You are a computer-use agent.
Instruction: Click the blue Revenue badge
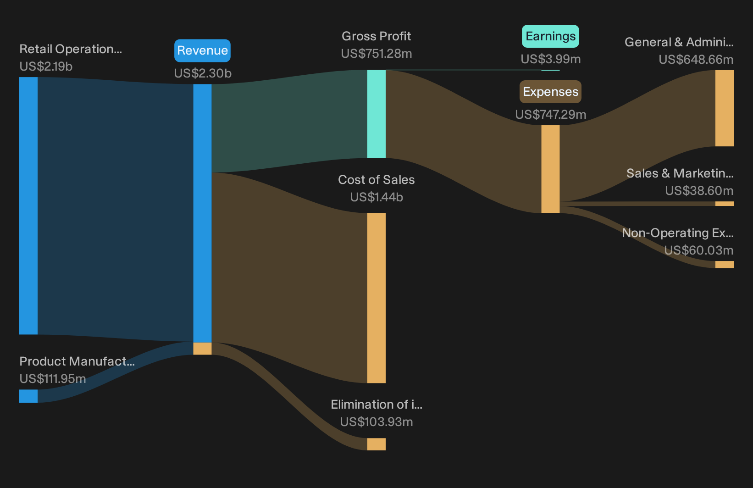click(202, 50)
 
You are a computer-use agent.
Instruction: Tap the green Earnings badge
click(550, 36)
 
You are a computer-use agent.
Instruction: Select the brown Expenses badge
click(550, 91)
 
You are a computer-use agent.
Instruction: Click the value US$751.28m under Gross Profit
click(376, 54)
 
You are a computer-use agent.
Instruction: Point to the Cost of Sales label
click(376, 180)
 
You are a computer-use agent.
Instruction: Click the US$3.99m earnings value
click(550, 59)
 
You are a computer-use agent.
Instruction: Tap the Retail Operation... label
click(71, 49)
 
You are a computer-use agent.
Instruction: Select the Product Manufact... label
click(77, 361)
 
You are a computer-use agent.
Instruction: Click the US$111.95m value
click(53, 379)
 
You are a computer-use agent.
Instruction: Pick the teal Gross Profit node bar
click(376, 114)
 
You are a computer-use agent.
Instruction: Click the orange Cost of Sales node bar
click(376, 298)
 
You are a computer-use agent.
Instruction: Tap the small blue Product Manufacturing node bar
click(28, 396)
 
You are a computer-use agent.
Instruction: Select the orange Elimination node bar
click(376, 444)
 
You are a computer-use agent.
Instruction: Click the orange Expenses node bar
click(550, 169)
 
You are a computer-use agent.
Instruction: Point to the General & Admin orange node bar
click(725, 108)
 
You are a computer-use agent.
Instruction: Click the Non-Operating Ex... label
click(678, 233)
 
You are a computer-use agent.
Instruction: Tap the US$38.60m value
click(699, 191)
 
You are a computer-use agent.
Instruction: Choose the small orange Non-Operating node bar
click(725, 264)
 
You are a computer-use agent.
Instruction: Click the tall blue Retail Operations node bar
click(28, 206)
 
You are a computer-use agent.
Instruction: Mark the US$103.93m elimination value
click(376, 422)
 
